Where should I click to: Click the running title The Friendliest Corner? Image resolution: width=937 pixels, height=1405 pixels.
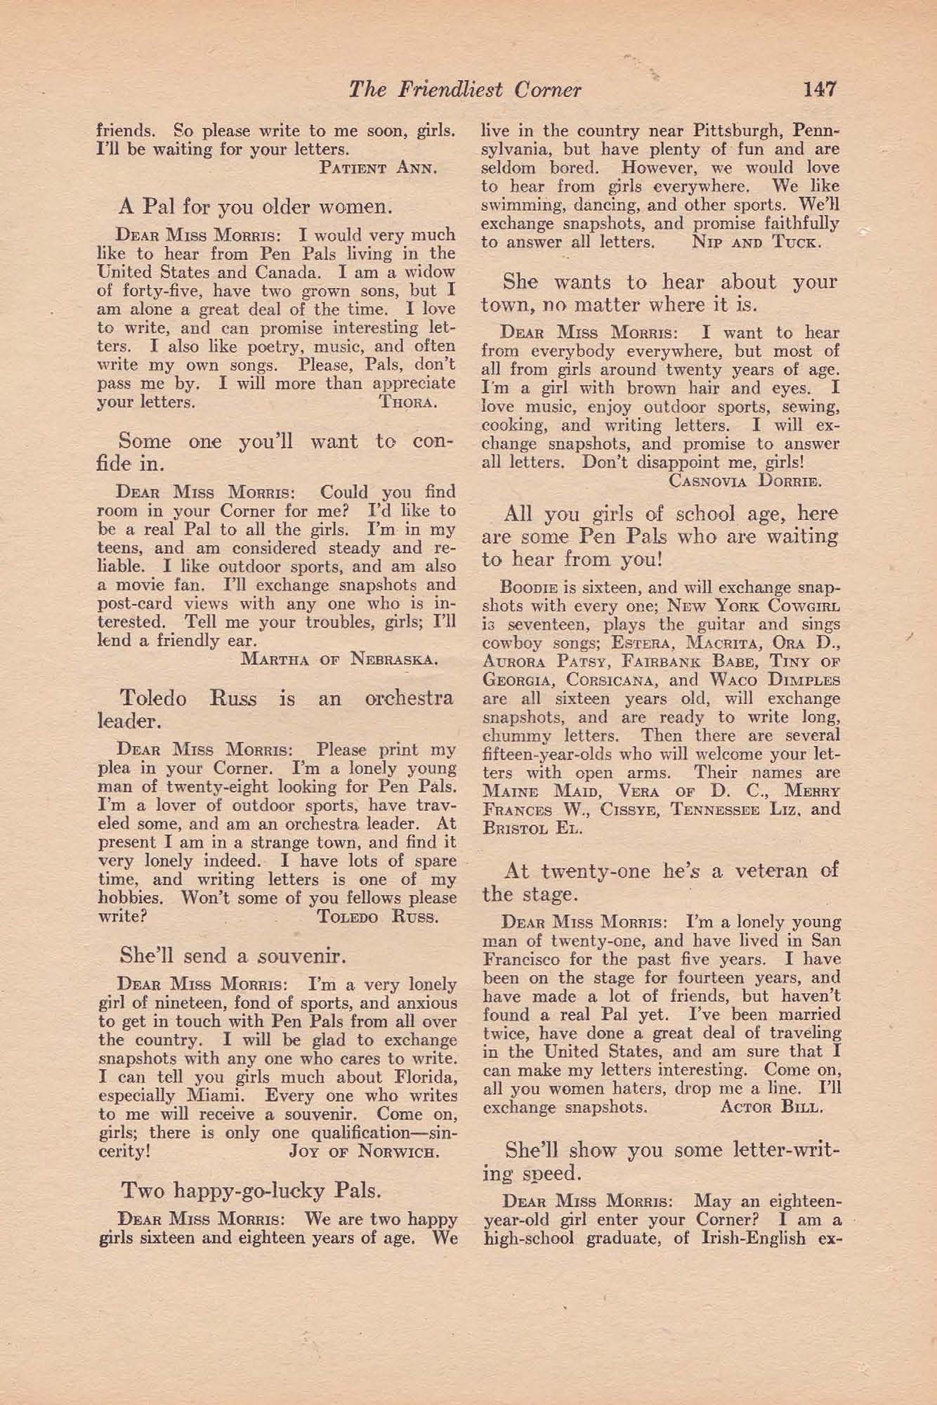pyautogui.click(x=465, y=90)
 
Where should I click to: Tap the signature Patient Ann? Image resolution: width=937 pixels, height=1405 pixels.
pyautogui.click(x=379, y=168)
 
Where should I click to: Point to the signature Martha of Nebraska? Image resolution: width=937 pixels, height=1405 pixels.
pyautogui.click(x=339, y=660)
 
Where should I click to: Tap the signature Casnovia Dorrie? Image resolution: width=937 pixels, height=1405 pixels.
pyautogui.click(x=745, y=481)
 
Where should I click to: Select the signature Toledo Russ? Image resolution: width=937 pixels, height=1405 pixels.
pyautogui.click(x=378, y=917)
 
